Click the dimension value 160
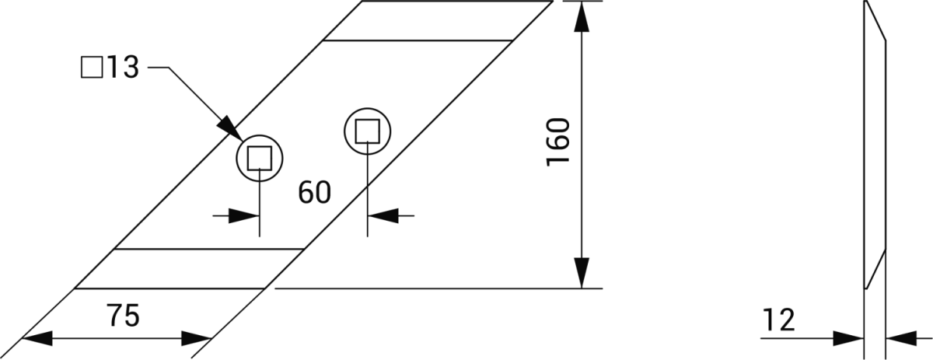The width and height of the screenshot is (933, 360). [x=559, y=142]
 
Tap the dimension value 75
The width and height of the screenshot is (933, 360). [x=122, y=317]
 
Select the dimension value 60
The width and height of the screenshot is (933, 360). [x=314, y=192]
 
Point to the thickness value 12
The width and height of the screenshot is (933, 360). [x=779, y=319]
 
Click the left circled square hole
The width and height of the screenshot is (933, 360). [x=258, y=159]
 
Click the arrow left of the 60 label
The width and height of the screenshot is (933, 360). [x=246, y=215]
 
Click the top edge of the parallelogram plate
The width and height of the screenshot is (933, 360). [x=459, y=2]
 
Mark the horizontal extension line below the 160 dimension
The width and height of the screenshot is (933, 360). [x=435, y=288]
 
